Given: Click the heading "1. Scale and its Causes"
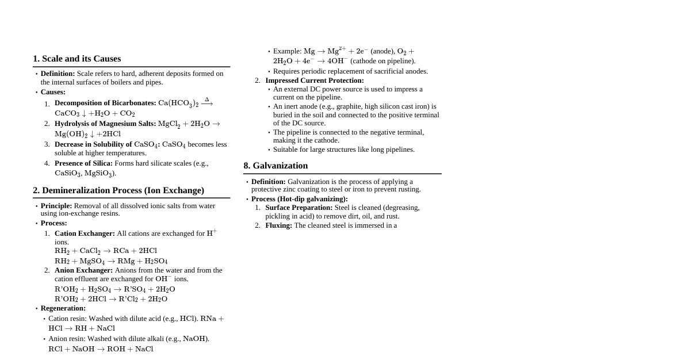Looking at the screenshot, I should pyautogui.click(x=76, y=59).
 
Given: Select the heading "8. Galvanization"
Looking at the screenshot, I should pyautogui.click(x=275, y=166).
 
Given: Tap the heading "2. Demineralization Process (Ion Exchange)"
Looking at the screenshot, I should pyautogui.click(x=118, y=190).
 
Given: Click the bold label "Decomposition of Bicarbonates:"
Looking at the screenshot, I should pyautogui.click(x=105, y=103).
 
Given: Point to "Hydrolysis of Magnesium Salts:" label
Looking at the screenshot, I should pyautogui.click(x=105, y=124).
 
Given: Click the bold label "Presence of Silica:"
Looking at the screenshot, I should pyautogui.click(x=83, y=163).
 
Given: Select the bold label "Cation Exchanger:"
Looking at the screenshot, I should pyautogui.click(x=85, y=233).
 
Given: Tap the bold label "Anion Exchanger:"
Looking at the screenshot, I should pyautogui.click(x=83, y=270).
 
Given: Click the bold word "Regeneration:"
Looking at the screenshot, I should pyautogui.click(x=63, y=308).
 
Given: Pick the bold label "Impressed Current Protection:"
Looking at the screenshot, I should pyautogui.click(x=315, y=81).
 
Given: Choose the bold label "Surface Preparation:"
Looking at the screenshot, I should pyautogui.click(x=299, y=208).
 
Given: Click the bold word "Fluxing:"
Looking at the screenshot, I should pyautogui.click(x=278, y=225).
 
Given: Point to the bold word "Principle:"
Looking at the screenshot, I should pyautogui.click(x=56, y=206).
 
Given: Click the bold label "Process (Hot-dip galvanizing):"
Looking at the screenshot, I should pyautogui.click(x=300, y=199).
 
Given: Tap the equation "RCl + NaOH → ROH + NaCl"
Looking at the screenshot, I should pyautogui.click(x=101, y=349).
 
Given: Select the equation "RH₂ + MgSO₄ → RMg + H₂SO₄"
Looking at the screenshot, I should pyautogui.click(x=111, y=261).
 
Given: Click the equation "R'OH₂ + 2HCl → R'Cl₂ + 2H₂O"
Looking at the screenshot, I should pyautogui.click(x=111, y=299).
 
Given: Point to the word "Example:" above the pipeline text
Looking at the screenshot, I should pyautogui.click(x=287, y=51).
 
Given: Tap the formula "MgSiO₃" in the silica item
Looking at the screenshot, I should pyautogui.click(x=98, y=173).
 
